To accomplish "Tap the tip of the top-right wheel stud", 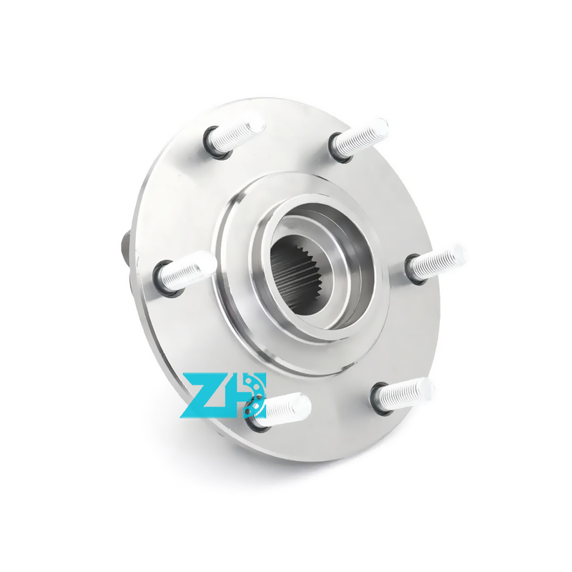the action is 383,127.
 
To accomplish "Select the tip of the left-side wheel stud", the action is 211,261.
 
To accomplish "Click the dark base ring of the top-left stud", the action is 216,143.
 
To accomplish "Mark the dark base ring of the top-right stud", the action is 339,148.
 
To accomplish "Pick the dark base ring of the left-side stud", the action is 165,279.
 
